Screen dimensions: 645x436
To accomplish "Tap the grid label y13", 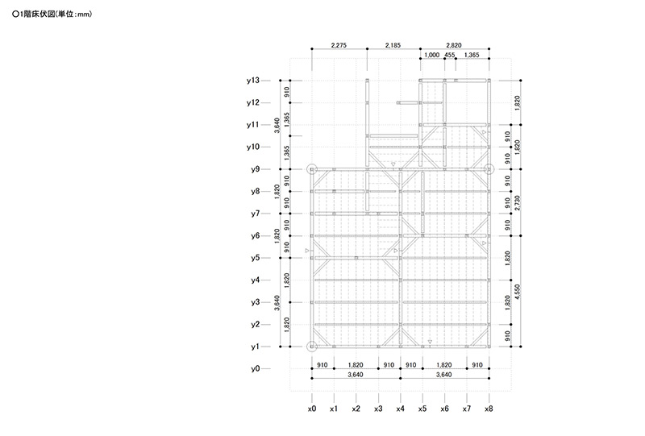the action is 253,81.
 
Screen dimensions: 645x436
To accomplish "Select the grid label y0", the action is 256,368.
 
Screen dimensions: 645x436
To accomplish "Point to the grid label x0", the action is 312,409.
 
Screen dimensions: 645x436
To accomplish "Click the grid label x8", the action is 489,409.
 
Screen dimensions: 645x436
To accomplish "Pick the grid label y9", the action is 256,169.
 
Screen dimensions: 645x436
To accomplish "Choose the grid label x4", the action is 400,409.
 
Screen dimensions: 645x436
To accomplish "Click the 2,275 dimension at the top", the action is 339,45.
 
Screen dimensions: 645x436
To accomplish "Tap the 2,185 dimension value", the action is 393,45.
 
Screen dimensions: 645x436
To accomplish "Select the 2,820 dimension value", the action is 454,45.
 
